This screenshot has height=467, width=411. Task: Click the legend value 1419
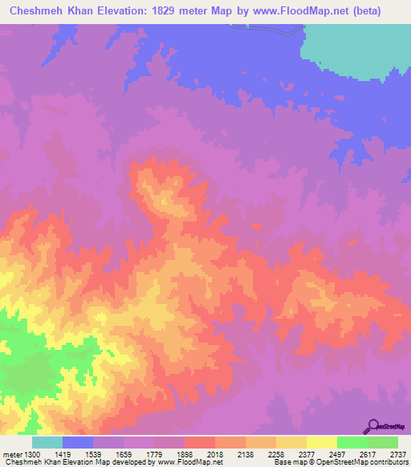[62, 453]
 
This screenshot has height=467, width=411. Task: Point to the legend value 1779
[153, 453]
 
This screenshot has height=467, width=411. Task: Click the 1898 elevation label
[184, 453]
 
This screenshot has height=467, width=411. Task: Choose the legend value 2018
[214, 453]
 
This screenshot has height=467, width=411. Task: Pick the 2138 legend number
[245, 453]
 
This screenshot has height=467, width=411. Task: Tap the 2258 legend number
[275, 453]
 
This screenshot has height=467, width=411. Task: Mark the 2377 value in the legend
[306, 453]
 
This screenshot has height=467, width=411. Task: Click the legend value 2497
[336, 453]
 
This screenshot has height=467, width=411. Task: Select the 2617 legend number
[367, 453]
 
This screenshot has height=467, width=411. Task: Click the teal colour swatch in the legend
[47, 442]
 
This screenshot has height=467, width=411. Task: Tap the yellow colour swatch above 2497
[321, 442]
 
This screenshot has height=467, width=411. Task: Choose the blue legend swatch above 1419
[77, 442]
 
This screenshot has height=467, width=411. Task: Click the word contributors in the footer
[390, 463]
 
